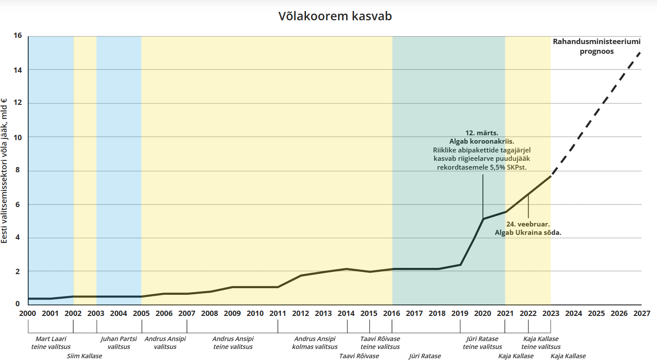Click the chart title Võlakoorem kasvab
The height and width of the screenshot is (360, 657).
(x=335, y=16)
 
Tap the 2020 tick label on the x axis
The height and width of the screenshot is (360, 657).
(x=482, y=313)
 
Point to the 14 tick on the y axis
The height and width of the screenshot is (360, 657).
(x=18, y=70)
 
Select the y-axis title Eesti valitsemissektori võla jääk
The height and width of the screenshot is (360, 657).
(x=4, y=171)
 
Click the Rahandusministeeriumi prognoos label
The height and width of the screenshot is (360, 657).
(x=597, y=46)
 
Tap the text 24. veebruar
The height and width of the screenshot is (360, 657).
(x=528, y=224)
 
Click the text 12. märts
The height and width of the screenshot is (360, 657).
(x=482, y=133)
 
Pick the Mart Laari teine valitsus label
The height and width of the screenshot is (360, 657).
(x=51, y=343)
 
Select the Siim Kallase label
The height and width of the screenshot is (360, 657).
(x=84, y=356)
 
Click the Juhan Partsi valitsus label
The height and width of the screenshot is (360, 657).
(x=119, y=343)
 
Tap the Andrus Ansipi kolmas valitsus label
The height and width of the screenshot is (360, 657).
(x=314, y=343)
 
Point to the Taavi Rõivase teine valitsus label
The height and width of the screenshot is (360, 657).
(x=380, y=343)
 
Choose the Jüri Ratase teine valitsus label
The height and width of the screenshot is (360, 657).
(x=482, y=343)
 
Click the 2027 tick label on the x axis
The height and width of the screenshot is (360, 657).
(x=642, y=313)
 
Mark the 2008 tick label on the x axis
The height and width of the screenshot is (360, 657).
(x=209, y=313)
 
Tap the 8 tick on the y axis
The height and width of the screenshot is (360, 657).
(x=18, y=170)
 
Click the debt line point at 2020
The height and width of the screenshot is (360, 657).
(x=483, y=219)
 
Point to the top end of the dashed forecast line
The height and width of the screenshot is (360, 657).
(x=640, y=52)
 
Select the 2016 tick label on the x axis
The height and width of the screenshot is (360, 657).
(x=392, y=313)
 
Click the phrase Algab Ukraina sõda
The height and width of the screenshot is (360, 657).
(x=528, y=233)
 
